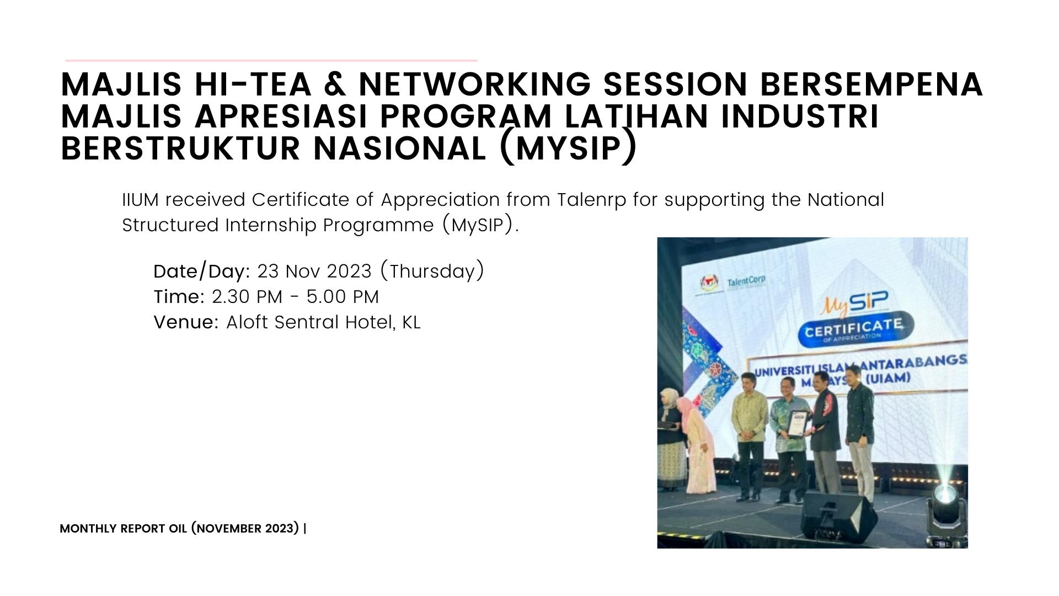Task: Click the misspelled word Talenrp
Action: tap(591, 200)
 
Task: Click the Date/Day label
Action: tap(202, 272)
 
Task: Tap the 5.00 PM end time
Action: tap(343, 297)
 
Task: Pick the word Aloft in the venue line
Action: tap(247, 322)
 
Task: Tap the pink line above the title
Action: tap(271, 60)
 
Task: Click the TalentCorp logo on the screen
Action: tap(746, 281)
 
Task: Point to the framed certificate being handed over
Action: tap(796, 424)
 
